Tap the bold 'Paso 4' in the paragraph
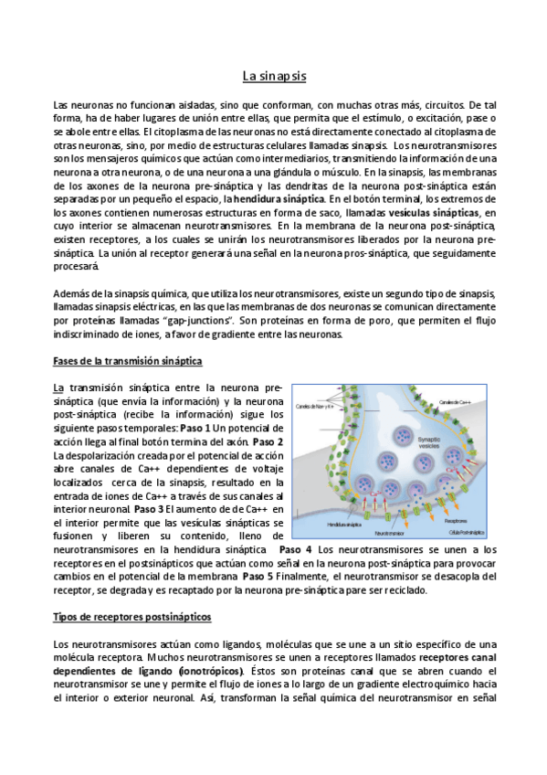[295, 549]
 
